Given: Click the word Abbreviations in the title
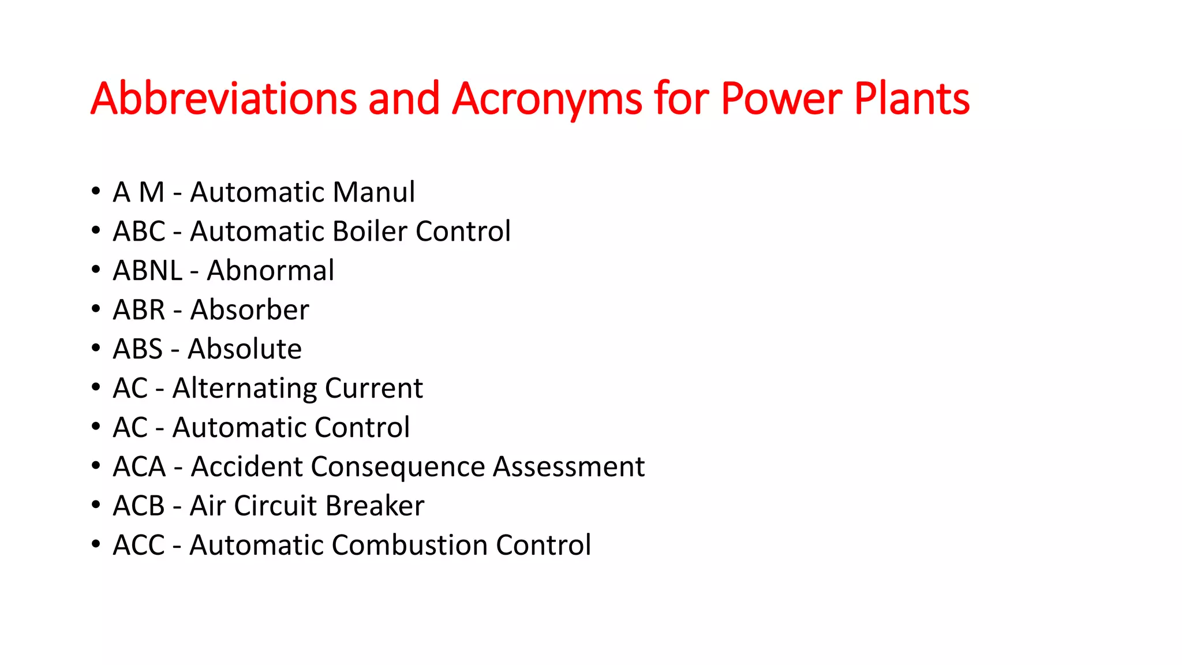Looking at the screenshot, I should point(223,99).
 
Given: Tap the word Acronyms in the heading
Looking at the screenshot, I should point(547,99).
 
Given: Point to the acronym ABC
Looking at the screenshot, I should point(139,231).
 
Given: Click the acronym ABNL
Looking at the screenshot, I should point(147,271).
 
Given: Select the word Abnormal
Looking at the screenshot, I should point(270,271).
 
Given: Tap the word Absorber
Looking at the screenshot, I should point(249,310).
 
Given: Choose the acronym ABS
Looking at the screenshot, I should point(138,349).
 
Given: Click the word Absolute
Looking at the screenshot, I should point(245,349).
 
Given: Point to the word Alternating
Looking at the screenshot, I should point(244,388).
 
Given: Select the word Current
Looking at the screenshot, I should point(373,388).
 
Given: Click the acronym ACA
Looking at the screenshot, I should point(139,467).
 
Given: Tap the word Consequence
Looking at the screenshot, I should point(398,467).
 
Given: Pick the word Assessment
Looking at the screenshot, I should point(568,467).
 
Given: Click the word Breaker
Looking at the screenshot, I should point(375,506).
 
